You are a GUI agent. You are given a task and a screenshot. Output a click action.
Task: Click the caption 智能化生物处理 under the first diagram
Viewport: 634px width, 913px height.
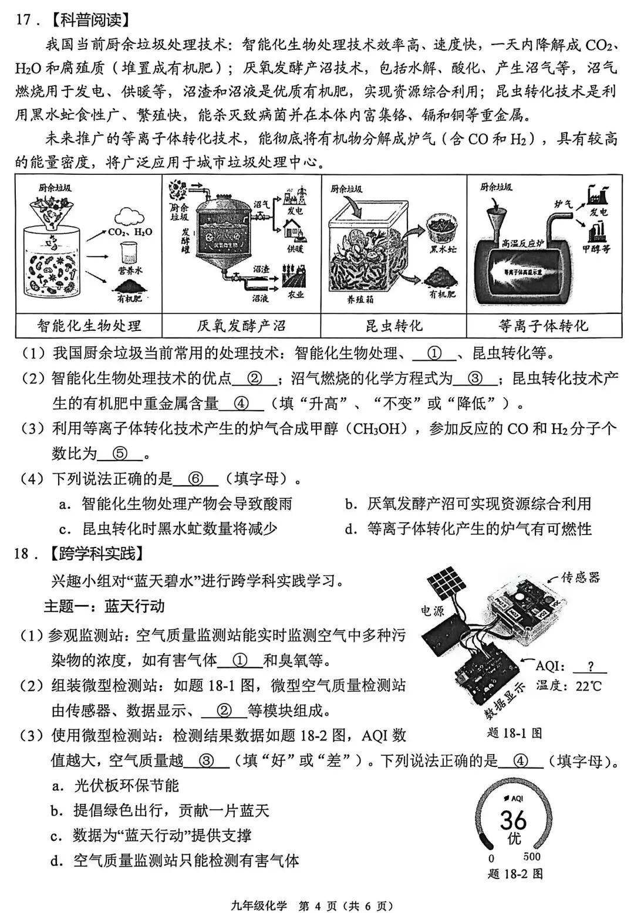click(x=89, y=326)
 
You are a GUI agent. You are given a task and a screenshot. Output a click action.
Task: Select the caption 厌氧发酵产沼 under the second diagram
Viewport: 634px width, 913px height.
click(x=241, y=326)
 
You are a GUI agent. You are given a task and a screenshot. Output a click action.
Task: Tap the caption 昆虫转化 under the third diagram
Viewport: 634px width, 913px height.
click(x=393, y=326)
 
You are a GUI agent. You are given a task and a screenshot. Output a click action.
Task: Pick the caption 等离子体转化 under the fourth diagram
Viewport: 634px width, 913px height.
click(x=543, y=326)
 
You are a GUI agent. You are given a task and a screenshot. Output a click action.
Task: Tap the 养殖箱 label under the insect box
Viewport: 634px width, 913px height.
click(x=360, y=299)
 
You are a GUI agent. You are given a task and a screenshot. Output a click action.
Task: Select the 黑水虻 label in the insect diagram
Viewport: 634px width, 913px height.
click(x=443, y=250)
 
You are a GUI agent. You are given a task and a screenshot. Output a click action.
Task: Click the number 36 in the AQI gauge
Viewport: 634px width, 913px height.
click(x=513, y=820)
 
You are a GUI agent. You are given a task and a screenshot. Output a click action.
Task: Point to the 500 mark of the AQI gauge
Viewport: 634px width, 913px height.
click(x=532, y=857)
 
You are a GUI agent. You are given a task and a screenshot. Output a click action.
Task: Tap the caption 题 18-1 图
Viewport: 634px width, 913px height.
click(x=515, y=733)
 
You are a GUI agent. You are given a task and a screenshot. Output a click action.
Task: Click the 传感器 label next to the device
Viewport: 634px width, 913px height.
click(x=580, y=577)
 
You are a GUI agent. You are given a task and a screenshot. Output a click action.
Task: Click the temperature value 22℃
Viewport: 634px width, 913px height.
click(x=588, y=686)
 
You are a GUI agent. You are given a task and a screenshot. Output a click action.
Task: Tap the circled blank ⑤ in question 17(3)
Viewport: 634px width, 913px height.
click(x=120, y=454)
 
